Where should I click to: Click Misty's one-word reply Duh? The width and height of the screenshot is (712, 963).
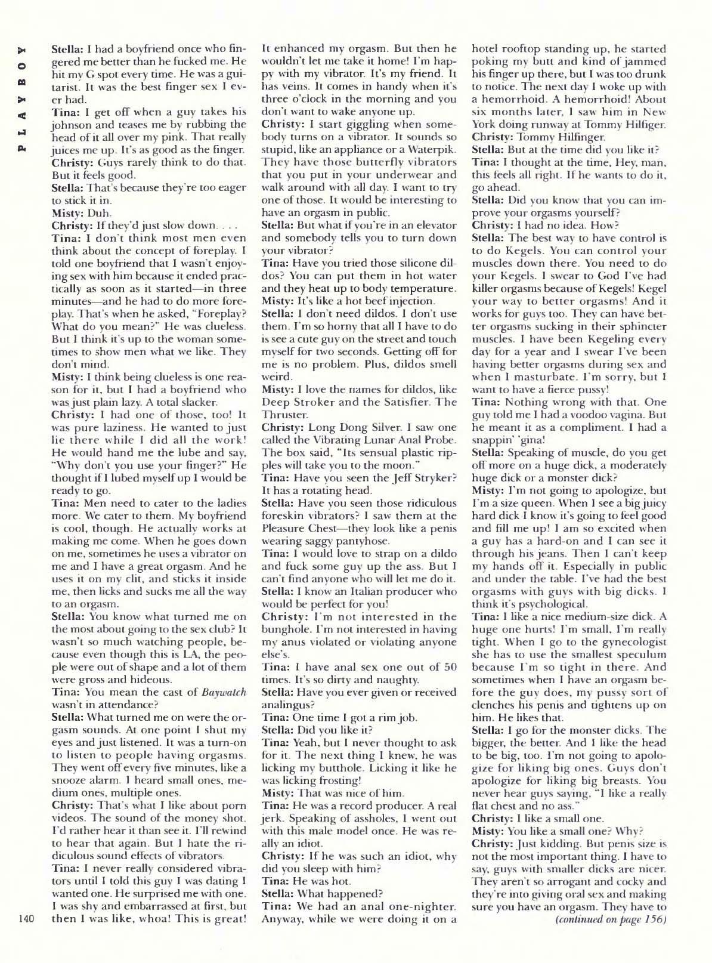coord(97,212)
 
